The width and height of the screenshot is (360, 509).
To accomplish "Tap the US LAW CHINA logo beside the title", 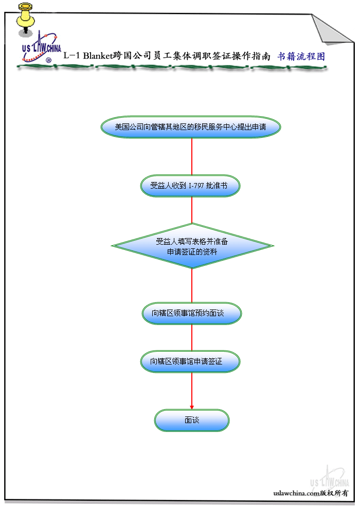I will click(x=41, y=49).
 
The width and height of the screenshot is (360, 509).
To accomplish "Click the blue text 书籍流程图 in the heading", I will click(x=301, y=57).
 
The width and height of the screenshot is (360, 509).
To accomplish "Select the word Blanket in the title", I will click(x=97, y=57).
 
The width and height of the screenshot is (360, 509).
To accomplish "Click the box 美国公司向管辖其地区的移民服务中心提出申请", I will click(x=191, y=127).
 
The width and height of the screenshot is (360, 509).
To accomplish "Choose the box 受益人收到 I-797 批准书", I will click(x=191, y=186).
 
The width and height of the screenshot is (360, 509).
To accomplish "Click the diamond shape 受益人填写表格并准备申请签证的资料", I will click(x=192, y=246).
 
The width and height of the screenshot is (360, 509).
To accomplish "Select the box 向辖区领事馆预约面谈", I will click(x=191, y=313).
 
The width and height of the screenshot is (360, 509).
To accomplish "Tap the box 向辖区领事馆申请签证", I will click(x=191, y=362).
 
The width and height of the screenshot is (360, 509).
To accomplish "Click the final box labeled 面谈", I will click(x=192, y=421).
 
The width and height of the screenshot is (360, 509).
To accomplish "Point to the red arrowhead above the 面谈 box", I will click(x=192, y=406).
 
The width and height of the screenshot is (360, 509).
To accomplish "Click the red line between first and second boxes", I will click(x=192, y=157).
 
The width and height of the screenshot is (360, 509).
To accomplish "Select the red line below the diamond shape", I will click(x=192, y=285).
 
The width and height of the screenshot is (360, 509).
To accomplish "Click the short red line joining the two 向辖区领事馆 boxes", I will click(x=192, y=337).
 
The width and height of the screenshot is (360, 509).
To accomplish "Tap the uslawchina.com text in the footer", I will click(x=296, y=493).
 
